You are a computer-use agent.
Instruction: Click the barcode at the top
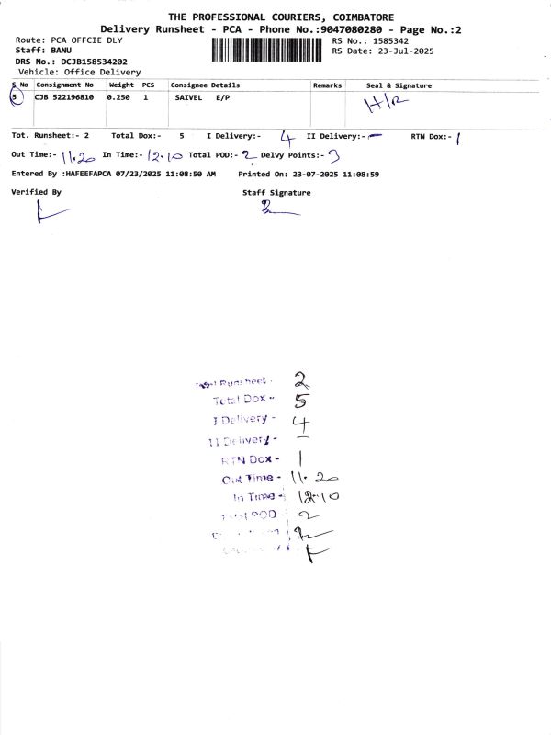click(269, 49)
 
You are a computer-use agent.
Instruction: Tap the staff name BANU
click(61, 51)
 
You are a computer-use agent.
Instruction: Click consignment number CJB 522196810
click(63, 96)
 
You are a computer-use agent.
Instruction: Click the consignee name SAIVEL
click(189, 96)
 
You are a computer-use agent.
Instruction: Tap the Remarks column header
click(327, 85)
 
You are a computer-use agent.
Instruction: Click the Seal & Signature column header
click(399, 85)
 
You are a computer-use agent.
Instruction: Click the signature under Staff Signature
click(275, 210)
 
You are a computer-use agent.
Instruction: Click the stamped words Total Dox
click(237, 401)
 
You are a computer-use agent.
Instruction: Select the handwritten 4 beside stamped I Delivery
click(299, 423)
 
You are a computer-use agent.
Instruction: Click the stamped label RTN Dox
click(250, 458)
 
